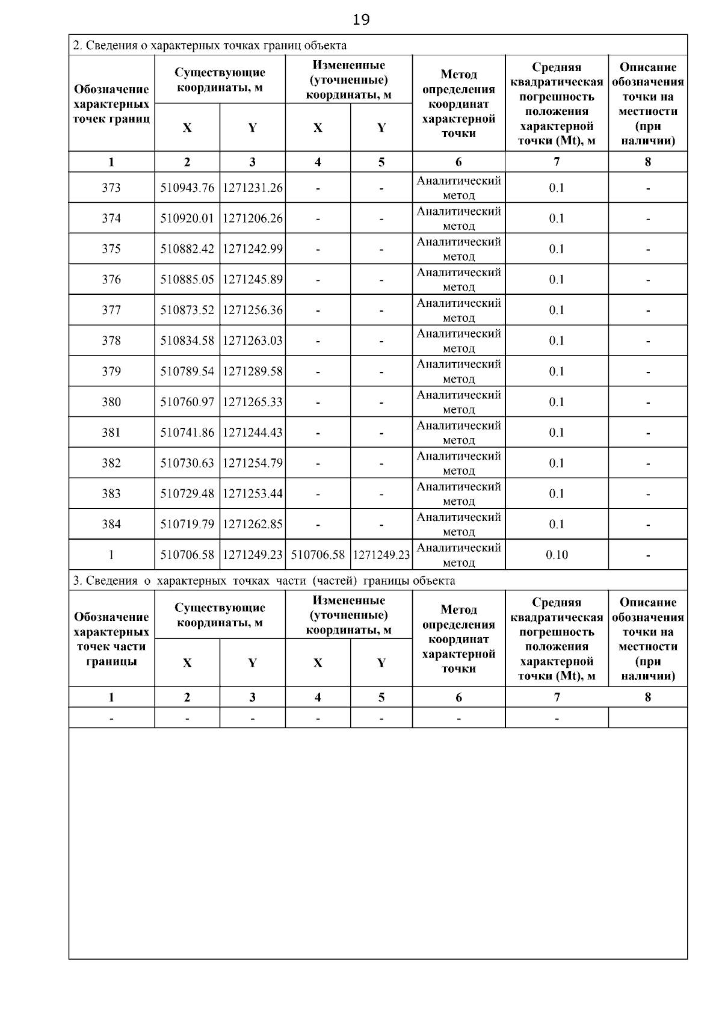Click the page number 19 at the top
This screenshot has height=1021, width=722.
361,20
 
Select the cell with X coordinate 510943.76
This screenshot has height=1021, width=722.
187,188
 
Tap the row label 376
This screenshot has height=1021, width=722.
111,279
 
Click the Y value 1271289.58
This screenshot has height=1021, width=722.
253,371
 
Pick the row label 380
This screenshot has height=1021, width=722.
111,402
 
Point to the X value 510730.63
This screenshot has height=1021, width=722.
187,463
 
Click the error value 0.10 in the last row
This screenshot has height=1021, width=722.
557,555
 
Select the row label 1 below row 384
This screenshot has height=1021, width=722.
111,555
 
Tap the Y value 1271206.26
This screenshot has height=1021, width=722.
253,218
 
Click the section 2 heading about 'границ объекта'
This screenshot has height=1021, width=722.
209,46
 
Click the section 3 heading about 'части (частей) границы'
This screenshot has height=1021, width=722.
264,581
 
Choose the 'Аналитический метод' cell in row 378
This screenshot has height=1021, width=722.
458,341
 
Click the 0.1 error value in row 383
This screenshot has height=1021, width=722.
557,493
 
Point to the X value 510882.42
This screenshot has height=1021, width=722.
187,249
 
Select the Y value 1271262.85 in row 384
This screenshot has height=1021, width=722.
253,524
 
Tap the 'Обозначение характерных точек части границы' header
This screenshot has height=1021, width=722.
111,639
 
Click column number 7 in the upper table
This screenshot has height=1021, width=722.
557,162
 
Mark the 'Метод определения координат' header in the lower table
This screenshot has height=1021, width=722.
458,639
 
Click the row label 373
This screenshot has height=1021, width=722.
111,188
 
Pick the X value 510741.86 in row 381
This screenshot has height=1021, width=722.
187,433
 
